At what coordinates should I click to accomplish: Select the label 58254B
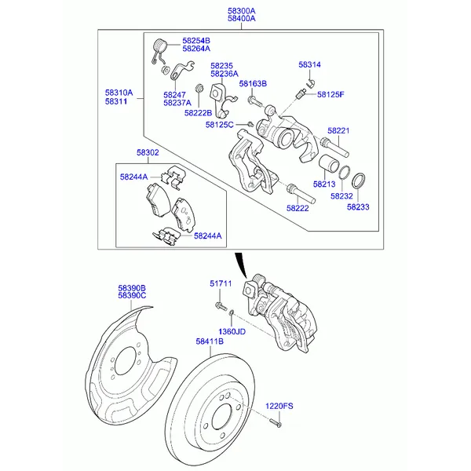click(x=196, y=40)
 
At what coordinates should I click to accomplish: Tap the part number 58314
click(x=309, y=65)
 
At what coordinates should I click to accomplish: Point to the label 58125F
click(x=330, y=94)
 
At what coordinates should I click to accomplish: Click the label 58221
click(x=338, y=130)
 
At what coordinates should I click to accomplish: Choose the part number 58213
click(x=323, y=184)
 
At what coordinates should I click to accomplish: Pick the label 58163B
click(x=253, y=83)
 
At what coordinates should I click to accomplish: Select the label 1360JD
click(x=232, y=331)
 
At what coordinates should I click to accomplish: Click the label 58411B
click(x=210, y=342)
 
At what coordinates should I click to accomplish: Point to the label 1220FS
click(x=278, y=406)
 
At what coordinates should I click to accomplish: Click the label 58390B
click(x=133, y=288)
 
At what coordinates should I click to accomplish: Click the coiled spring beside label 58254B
click(x=159, y=48)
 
